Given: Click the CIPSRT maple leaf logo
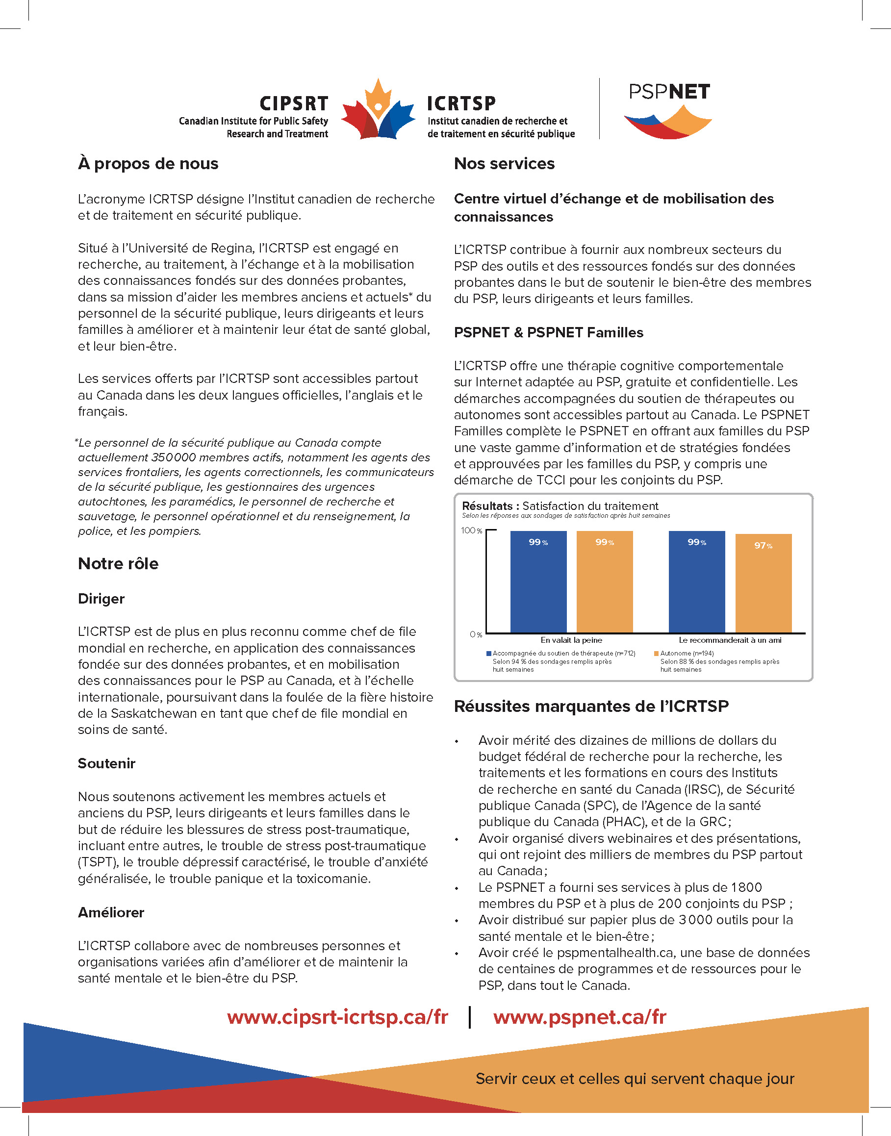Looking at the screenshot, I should (x=378, y=111).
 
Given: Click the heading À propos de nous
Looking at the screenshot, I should (x=148, y=164).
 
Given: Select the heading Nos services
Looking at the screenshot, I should (x=504, y=164).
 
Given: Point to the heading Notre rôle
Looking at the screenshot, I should (x=118, y=564).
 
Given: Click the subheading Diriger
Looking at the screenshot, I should (x=101, y=599).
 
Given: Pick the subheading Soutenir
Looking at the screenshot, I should (x=106, y=763).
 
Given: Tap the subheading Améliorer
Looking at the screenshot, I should (x=111, y=913).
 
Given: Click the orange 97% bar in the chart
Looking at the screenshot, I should (x=763, y=584).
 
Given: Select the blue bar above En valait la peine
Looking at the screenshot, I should (x=538, y=581).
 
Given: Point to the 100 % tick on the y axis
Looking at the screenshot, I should (x=471, y=531).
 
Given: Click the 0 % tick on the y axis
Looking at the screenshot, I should (x=476, y=635).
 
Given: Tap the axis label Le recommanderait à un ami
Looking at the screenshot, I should (x=730, y=640).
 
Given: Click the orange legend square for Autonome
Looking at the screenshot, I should (x=656, y=654).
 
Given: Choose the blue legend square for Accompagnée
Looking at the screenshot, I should (x=489, y=654).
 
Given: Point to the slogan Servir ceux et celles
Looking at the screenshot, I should (x=635, y=1079).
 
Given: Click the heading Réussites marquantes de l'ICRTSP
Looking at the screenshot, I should (x=591, y=706).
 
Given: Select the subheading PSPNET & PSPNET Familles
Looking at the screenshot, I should (x=548, y=333).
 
